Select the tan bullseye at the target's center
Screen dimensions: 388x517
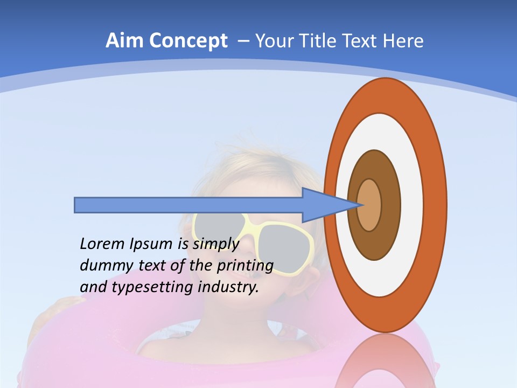point(369,205)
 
